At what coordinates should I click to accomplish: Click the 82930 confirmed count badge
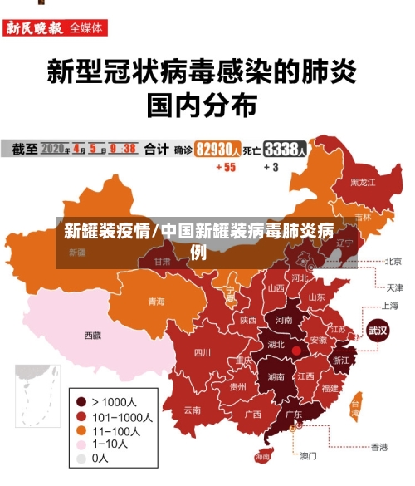[218, 150]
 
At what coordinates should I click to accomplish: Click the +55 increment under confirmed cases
[226, 167]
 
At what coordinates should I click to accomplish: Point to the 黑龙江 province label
[362, 182]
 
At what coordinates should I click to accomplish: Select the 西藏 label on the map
[92, 336]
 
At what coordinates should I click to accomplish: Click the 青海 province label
[156, 302]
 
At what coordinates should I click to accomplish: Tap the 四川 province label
[202, 352]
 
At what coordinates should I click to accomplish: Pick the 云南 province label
[193, 410]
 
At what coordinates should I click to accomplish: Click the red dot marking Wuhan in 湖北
[296, 351]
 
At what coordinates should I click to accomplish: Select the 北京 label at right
[393, 261]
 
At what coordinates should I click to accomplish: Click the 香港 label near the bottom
[379, 447]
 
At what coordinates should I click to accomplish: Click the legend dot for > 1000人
[81, 402]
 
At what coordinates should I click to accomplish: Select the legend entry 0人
[100, 458]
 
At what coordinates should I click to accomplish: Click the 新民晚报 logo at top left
[34, 27]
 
